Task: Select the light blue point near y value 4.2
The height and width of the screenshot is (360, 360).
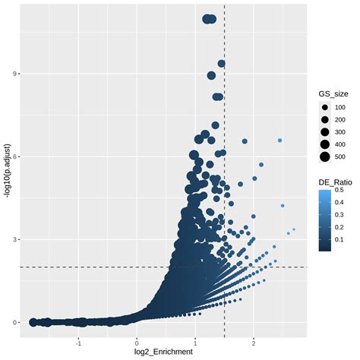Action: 283,206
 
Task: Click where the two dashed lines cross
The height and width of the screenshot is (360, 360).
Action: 225,267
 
